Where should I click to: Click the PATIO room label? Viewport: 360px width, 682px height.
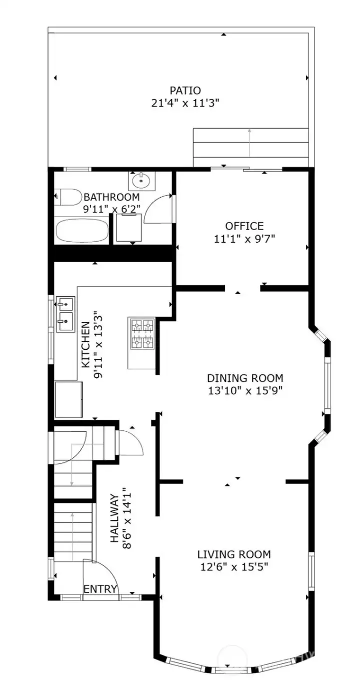[185, 91]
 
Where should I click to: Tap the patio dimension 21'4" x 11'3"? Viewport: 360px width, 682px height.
[185, 103]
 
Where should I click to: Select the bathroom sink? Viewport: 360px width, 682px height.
[142, 180]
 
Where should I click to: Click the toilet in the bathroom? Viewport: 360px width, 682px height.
[68, 197]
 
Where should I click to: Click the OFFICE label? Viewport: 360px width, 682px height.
[244, 226]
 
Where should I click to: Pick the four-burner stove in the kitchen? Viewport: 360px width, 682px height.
[141, 334]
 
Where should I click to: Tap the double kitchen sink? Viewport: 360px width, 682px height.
[65, 315]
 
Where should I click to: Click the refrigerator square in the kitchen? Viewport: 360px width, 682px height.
[68, 399]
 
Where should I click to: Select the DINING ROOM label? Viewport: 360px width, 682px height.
[245, 378]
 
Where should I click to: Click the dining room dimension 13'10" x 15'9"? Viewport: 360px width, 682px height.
[245, 391]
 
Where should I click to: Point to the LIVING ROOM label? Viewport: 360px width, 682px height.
[233, 554]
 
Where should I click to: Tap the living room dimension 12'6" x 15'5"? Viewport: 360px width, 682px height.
[233, 567]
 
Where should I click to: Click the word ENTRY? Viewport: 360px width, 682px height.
[100, 589]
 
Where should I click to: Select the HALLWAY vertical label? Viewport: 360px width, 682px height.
[115, 518]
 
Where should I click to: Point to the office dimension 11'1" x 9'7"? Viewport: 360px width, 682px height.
[244, 239]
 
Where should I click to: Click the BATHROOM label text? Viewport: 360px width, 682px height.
[111, 197]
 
